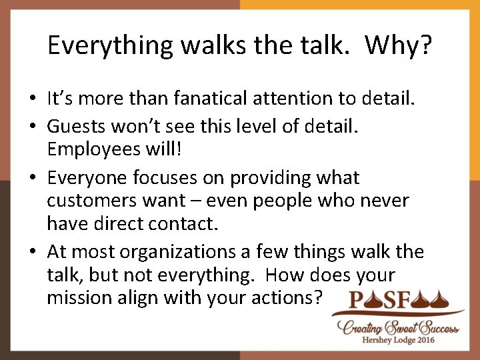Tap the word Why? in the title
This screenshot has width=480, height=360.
coord(399,45)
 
